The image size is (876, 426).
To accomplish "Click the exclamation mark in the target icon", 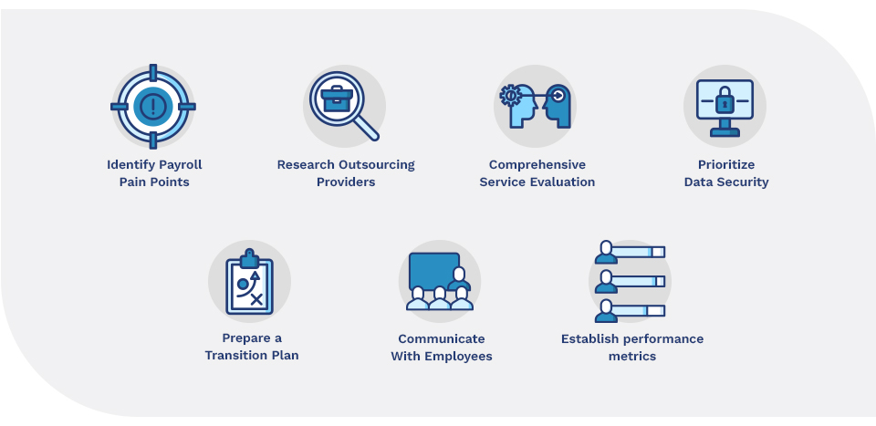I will click(153, 107).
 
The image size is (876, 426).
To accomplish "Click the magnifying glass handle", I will click(367, 130).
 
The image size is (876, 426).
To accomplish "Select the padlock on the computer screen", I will click(725, 99).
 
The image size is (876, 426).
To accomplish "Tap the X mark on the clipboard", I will click(256, 298).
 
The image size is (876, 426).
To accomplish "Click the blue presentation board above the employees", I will click(432, 270).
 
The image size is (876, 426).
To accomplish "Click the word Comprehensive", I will click(537, 165).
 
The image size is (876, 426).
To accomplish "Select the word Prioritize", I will click(726, 165).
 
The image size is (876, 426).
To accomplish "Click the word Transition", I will click(236, 355).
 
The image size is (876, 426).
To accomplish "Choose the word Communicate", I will click(442, 338).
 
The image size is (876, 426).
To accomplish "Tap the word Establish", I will click(590, 339).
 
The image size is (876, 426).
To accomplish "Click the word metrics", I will click(632, 356).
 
